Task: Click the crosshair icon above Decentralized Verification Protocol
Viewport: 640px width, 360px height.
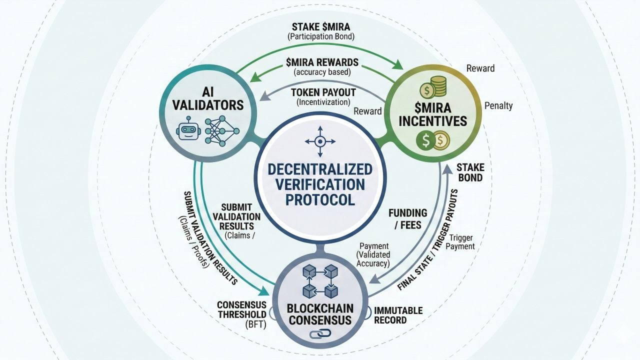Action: (320, 141)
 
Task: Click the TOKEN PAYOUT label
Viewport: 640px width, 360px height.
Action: (323, 92)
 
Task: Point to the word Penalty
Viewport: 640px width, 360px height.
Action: (498, 106)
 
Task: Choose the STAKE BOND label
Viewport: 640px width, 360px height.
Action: (469, 172)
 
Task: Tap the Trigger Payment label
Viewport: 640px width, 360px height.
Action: (460, 242)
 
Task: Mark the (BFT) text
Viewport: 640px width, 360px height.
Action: (255, 324)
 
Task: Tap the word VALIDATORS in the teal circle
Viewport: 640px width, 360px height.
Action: (208, 105)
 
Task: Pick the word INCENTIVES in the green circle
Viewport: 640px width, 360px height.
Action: (433, 121)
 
